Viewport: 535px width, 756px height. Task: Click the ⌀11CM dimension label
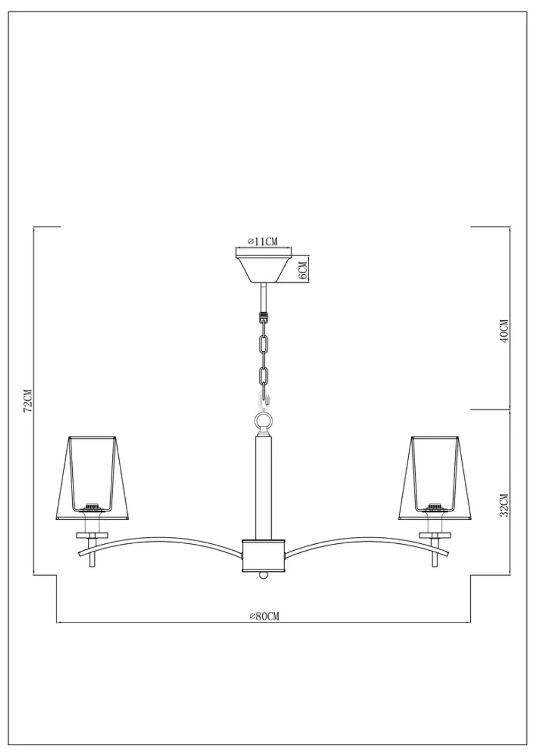[x=263, y=242]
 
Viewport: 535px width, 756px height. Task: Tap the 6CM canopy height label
[x=302, y=271]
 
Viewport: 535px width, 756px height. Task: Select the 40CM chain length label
[x=502, y=331]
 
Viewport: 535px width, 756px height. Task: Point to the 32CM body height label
[x=502, y=505]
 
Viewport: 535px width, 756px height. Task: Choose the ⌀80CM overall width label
[x=264, y=616]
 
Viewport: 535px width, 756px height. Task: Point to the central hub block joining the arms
[x=263, y=554]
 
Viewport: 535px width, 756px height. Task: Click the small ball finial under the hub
[x=263, y=574]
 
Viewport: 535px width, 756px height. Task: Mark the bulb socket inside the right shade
[x=435, y=505]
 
